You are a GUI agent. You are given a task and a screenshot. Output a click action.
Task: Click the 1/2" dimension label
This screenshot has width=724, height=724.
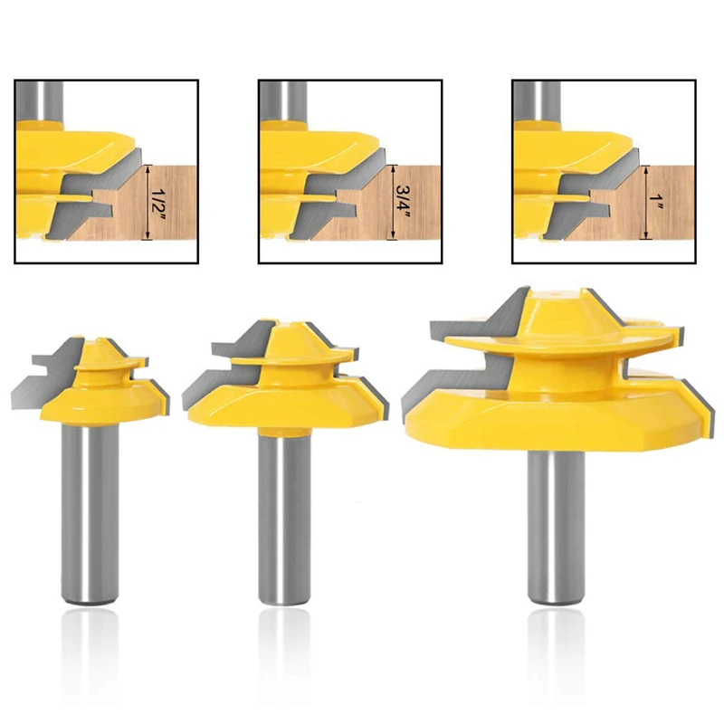[x=158, y=203]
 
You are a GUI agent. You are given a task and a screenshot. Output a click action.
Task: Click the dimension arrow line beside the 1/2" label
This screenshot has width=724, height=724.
[x=147, y=203]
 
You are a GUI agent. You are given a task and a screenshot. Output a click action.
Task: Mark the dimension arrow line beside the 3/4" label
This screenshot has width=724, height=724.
[x=392, y=203]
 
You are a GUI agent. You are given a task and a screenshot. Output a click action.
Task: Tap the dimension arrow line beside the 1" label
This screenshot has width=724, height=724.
[x=646, y=203]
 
